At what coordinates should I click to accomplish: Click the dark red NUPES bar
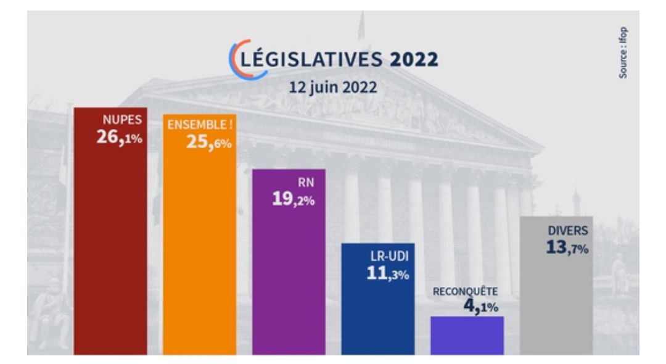(x=110, y=247)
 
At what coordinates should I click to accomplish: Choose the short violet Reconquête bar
(x=467, y=336)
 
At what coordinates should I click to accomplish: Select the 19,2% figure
(x=294, y=199)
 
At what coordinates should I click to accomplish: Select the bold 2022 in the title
(x=414, y=60)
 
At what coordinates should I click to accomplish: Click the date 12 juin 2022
(x=333, y=86)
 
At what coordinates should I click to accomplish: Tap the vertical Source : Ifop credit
(x=624, y=52)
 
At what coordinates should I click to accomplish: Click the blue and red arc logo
(x=243, y=60)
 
